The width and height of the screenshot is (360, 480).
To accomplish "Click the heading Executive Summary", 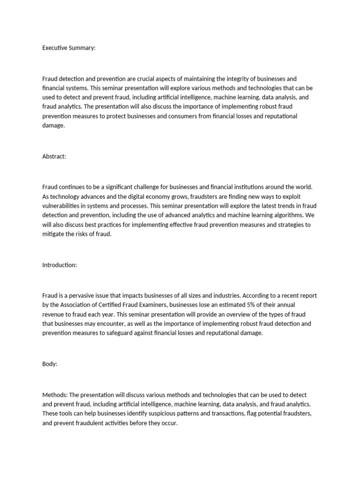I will coord(68,48).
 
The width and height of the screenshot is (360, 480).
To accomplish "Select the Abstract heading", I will coord(54,157).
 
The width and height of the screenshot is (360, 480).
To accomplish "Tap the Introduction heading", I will coord(60,265).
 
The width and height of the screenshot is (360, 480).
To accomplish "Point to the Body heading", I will coord(50,364).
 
